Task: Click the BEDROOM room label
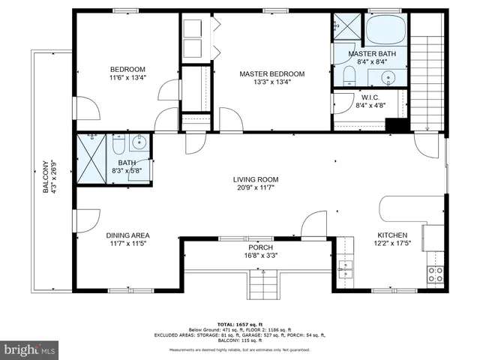click(x=127, y=69)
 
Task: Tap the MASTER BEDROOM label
click(x=272, y=73)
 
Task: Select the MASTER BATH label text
click(x=371, y=55)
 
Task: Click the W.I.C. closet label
click(x=370, y=97)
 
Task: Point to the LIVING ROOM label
click(x=256, y=179)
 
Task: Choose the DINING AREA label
click(x=128, y=235)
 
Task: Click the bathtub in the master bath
click(x=385, y=30)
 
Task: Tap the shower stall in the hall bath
click(x=91, y=158)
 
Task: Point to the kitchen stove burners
click(x=435, y=274)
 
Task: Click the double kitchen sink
click(x=345, y=268)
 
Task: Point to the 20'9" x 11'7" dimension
click(x=256, y=188)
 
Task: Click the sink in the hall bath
click(x=139, y=142)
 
